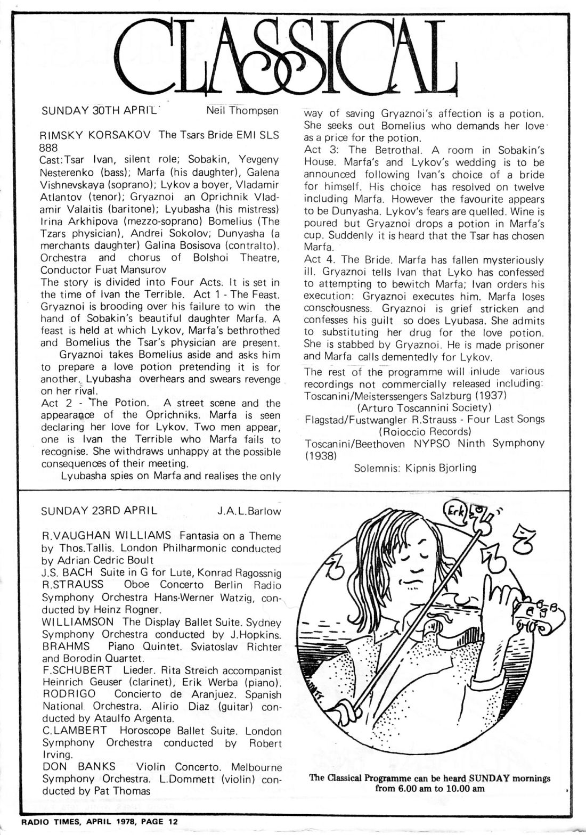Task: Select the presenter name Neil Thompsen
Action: (x=242, y=111)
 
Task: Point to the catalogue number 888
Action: (x=49, y=147)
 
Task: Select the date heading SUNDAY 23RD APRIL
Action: (x=99, y=511)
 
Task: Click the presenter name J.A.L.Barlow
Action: (x=249, y=511)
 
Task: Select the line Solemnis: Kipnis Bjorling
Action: (x=414, y=468)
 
